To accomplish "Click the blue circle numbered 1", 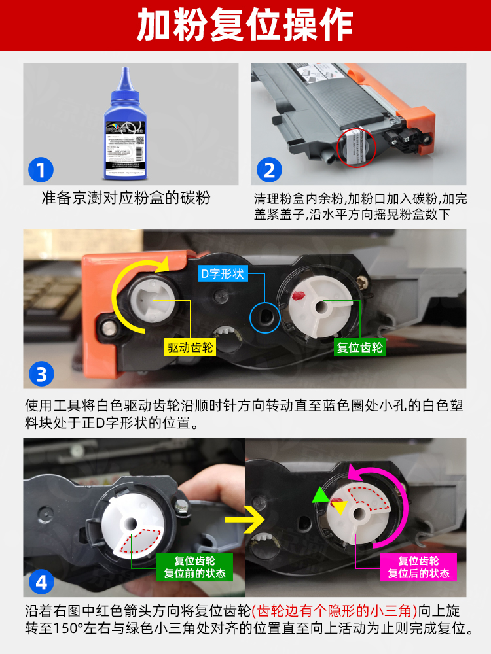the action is coord(41,171).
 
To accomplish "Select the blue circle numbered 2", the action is coord(269,171).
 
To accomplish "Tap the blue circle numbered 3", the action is coord(41,375).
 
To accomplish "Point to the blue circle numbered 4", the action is coord(41,581).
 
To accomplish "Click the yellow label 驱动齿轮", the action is coord(190,347).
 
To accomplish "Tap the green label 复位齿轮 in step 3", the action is coord(359,347).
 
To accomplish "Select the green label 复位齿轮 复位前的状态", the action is coord(194,567).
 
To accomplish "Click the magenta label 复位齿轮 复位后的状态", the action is coord(418,567).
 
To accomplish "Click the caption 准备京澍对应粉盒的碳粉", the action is coord(126,198).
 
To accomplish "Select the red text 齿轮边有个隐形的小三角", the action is coord(335,611).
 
